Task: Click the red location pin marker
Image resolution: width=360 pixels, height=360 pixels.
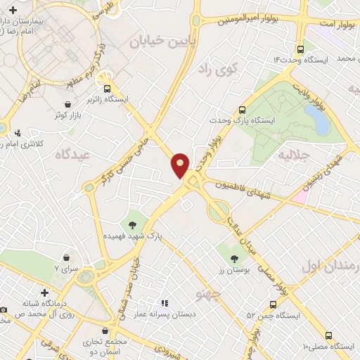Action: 181,164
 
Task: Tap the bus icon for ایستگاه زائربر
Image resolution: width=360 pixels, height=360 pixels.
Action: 108,89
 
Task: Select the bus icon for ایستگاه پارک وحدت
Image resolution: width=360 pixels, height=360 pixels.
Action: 242,110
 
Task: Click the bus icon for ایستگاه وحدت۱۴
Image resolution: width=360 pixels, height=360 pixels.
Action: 300,49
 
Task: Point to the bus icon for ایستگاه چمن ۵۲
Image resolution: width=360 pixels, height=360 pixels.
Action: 273,304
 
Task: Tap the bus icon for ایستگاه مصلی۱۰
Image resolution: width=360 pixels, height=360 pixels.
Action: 328,335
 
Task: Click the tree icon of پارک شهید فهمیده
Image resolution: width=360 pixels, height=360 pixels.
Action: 131,225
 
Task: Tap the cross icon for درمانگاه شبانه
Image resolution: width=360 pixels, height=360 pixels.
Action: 44,292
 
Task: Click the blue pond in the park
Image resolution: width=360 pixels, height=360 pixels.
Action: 320,122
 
